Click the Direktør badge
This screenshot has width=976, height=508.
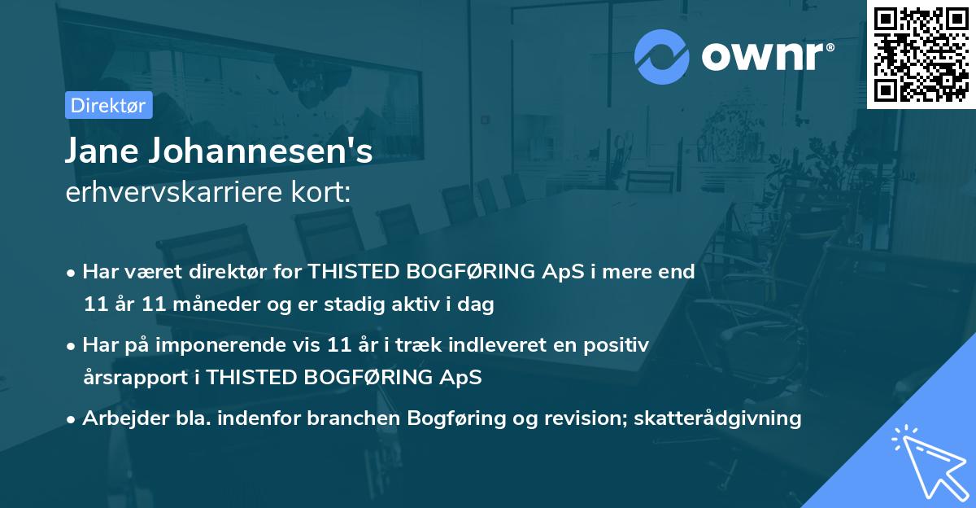click(x=108, y=105)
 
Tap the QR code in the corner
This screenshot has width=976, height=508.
click(x=921, y=54)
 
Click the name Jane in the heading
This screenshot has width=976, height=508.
click(x=101, y=151)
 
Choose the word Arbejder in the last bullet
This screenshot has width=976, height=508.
click(x=118, y=418)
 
